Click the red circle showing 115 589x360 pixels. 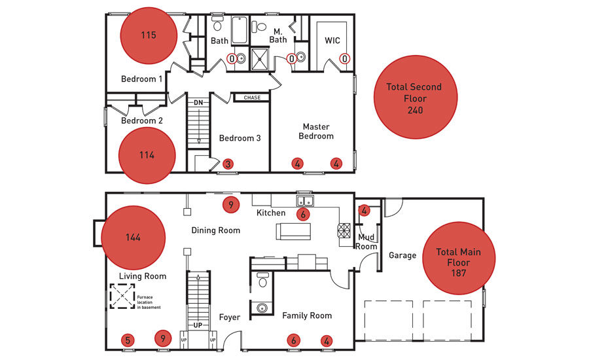pos(149,35)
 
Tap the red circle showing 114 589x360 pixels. pos(147,155)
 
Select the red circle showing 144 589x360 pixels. pos(134,238)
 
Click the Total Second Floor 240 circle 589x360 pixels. pos(416,98)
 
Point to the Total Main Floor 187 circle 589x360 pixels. pos(459,258)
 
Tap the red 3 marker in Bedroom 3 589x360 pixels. pos(228,164)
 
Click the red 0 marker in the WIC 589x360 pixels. pos(345,59)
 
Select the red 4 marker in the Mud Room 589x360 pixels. pos(364,211)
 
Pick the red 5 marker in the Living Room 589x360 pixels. pos(128,340)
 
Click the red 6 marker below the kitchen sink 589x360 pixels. pos(303,214)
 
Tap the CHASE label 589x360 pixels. pos(252,98)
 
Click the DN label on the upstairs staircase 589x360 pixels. pos(198,103)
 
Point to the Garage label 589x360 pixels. pos(402,255)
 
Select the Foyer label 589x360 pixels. pos(230,317)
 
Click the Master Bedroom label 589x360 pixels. pos(316,132)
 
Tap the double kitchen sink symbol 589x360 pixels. pos(305,201)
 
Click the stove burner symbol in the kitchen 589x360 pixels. pos(344,231)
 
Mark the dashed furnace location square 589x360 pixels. pos(122,296)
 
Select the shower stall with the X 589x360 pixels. pos(260,59)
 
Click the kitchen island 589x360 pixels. pos(293,232)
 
